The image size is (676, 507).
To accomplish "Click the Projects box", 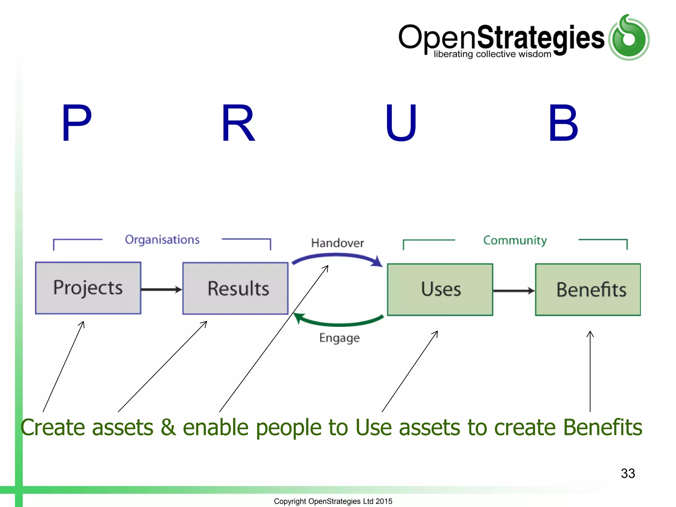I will point(88,288).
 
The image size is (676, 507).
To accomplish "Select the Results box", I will point(235,288).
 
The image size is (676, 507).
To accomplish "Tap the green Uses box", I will point(440,289).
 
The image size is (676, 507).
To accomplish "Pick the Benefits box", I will point(588,289).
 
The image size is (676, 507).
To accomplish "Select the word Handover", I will point(337,243).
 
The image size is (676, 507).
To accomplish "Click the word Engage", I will point(339,338).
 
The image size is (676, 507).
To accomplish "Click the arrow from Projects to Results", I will point(161,289).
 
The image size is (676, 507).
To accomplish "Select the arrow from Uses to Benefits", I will point(514,291).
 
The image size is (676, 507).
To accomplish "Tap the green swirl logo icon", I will point(629,38).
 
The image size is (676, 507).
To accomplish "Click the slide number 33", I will point(628,473).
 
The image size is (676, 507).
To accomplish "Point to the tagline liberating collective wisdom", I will point(492,54).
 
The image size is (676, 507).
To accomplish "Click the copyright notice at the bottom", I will point(333,501).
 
